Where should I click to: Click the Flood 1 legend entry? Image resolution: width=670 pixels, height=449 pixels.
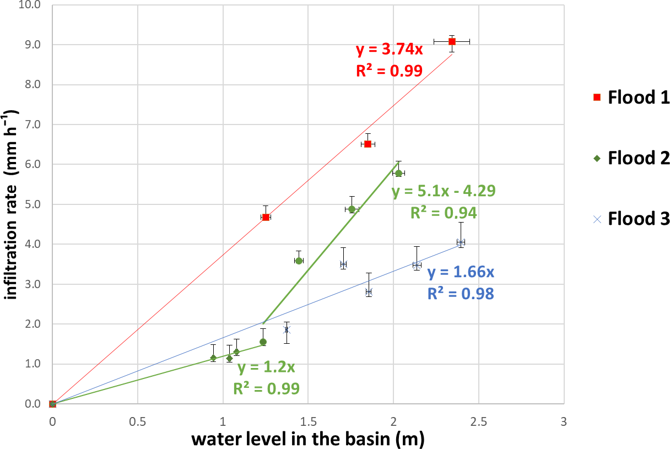click(631, 98)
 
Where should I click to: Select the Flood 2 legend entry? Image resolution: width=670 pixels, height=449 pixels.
click(631, 159)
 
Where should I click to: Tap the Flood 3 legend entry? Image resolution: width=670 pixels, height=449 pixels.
click(631, 219)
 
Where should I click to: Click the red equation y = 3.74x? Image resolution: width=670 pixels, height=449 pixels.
click(389, 50)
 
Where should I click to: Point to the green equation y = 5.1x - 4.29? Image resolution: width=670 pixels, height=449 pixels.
click(444, 191)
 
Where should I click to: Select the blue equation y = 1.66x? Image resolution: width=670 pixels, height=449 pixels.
click(461, 272)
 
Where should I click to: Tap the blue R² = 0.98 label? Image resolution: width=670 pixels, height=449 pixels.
click(461, 293)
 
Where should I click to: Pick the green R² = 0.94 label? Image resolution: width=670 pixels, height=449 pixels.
click(444, 213)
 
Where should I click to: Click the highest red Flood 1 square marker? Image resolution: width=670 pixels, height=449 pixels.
click(452, 41)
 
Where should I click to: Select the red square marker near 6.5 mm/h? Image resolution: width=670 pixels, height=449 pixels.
click(368, 144)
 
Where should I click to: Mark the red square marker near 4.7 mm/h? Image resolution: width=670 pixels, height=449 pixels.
click(266, 217)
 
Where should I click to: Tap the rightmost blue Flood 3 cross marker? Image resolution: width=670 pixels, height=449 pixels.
click(461, 242)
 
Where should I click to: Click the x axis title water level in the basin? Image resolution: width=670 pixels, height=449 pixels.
click(309, 439)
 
